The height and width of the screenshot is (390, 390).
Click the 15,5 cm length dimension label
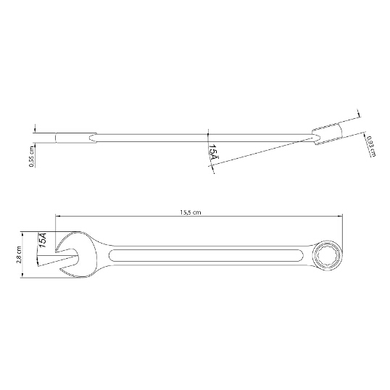click(x=190, y=212)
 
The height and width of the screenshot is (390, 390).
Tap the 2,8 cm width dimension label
click(x=18, y=254)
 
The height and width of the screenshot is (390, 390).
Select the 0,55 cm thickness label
click(x=32, y=156)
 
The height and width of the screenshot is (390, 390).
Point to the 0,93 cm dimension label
click(x=371, y=146)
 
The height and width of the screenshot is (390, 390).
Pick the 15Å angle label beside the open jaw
click(x=43, y=240)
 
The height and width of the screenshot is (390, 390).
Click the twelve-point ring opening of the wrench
click(x=327, y=256)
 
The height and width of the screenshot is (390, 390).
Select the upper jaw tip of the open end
click(x=56, y=251)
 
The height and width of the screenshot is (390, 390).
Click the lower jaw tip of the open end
click(x=60, y=270)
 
